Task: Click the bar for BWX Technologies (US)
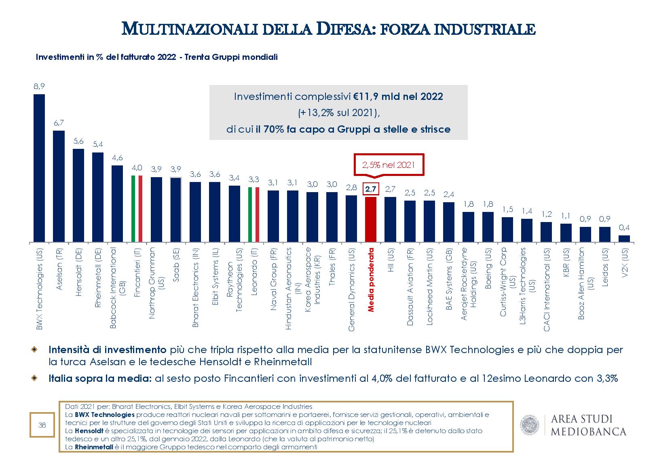tap(39, 168)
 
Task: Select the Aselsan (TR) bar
tap(59, 186)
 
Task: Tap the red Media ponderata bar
tap(371, 220)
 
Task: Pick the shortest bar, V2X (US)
tap(624, 239)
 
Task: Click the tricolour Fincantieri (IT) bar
tap(137, 209)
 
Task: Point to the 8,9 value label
tap(39, 86)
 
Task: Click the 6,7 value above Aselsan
tap(59, 123)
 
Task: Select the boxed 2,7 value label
tap(371, 189)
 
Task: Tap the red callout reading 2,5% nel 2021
tap(389, 165)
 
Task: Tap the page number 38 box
tap(42, 425)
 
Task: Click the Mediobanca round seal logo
tap(531, 425)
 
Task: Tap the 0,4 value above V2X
tap(624, 228)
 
